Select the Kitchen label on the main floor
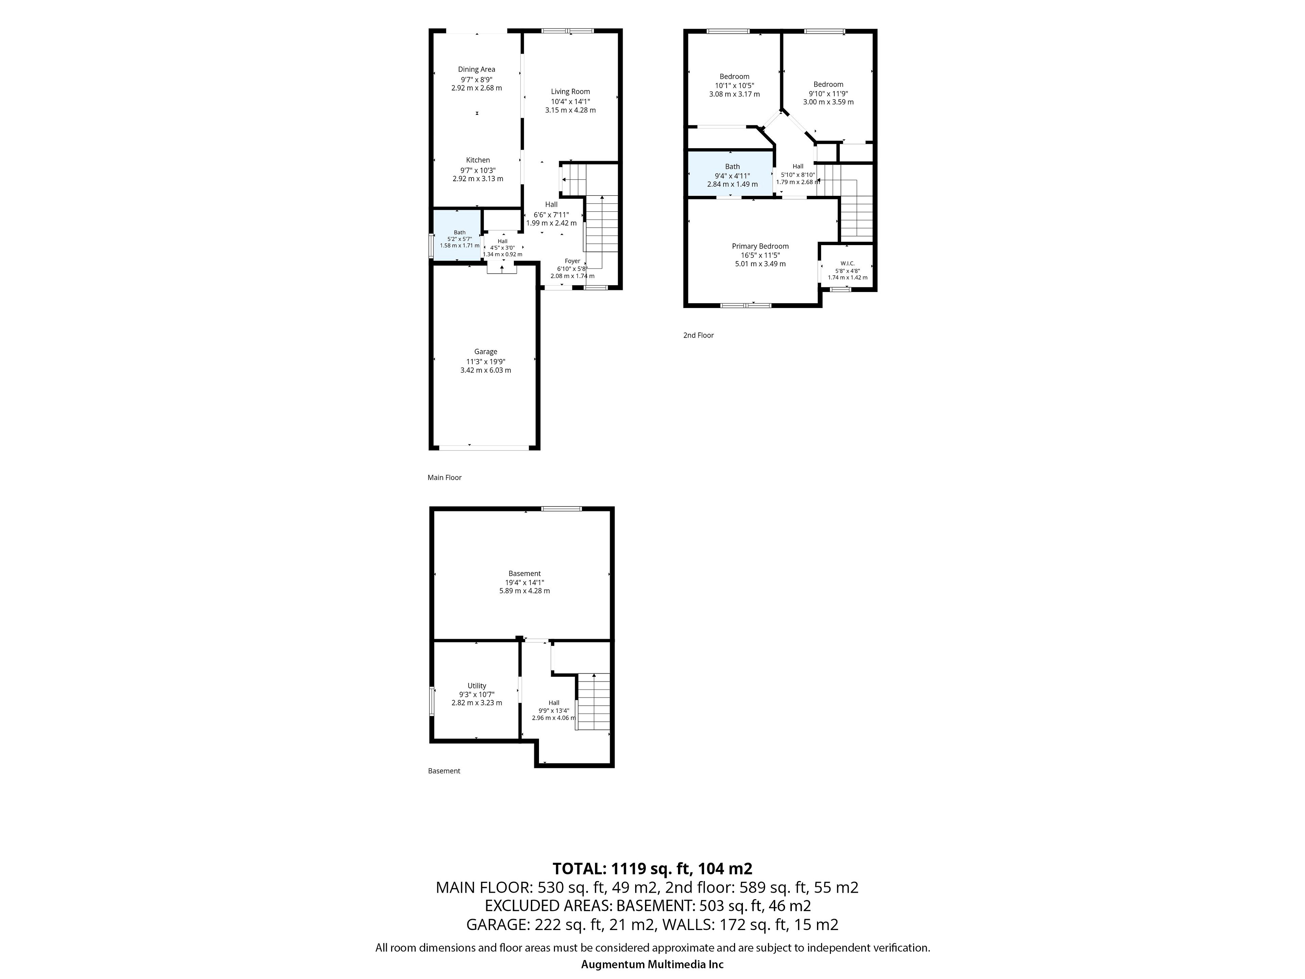[478, 160]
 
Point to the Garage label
[486, 352]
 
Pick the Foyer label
[572, 261]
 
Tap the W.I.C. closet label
[847, 263]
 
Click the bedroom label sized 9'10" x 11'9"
[828, 84]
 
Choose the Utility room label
[477, 686]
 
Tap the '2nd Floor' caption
[698, 335]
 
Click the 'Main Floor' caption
[444, 477]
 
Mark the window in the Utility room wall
[431, 701]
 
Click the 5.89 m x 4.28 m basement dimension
[524, 591]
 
